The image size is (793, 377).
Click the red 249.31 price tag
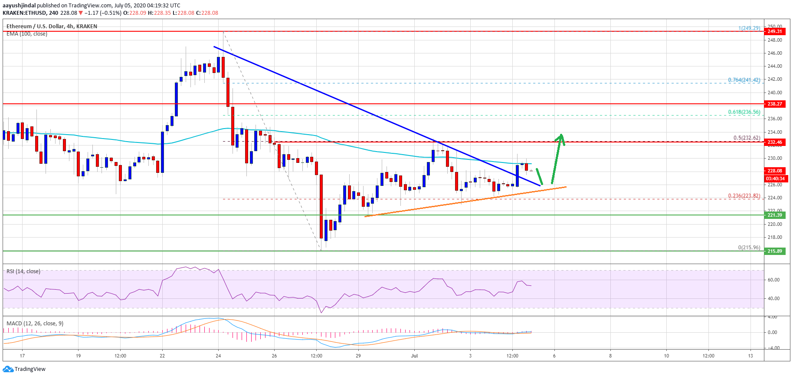pyautogui.click(x=774, y=31)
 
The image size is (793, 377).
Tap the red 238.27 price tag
pyautogui.click(x=774, y=104)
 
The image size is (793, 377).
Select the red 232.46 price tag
pyautogui.click(x=774, y=142)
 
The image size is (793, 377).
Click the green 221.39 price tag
pyautogui.click(x=774, y=215)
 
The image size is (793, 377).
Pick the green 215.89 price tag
pyautogui.click(x=774, y=251)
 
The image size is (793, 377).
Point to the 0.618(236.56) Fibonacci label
pyautogui.click(x=744, y=112)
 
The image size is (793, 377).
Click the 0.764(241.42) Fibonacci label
pyautogui.click(x=744, y=80)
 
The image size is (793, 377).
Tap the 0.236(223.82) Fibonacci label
pyautogui.click(x=744, y=196)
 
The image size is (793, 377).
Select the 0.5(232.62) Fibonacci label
pyautogui.click(x=746, y=138)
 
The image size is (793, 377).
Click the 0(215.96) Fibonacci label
pyautogui.click(x=749, y=248)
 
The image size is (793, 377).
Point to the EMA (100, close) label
pyautogui.click(x=27, y=34)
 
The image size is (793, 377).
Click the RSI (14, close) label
pyautogui.click(x=23, y=271)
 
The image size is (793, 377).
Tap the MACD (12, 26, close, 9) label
pyautogui.click(x=35, y=324)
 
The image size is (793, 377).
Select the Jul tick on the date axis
pyautogui.click(x=414, y=356)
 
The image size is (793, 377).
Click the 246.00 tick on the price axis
pyautogui.click(x=774, y=53)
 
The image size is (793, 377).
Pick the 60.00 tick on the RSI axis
pyautogui.click(x=773, y=280)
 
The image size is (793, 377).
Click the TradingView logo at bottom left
pyautogui.click(x=24, y=369)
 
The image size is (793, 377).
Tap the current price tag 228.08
pyautogui.click(x=774, y=171)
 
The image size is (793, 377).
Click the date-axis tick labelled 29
pyautogui.click(x=358, y=356)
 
